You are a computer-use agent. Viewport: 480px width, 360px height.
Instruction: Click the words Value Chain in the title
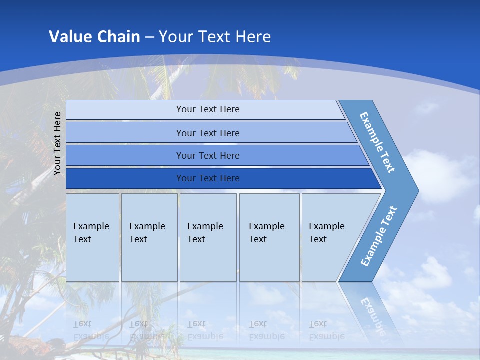point(94,36)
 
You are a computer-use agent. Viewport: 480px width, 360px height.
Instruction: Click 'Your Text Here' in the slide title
point(215,36)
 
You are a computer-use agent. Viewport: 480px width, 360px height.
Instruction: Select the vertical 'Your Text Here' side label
point(58,143)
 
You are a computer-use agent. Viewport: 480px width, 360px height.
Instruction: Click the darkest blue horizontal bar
point(125,178)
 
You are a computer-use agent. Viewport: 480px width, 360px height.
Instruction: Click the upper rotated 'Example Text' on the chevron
point(377,142)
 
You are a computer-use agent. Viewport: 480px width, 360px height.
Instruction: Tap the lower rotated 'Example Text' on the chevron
point(378,236)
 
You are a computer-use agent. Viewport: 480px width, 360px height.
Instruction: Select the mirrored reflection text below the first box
point(91,330)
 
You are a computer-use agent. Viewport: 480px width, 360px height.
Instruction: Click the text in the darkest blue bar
point(208,178)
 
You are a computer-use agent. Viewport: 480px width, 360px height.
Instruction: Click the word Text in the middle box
point(196,239)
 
